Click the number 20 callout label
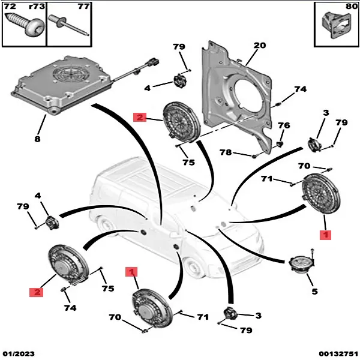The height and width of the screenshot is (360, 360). (x=259, y=46)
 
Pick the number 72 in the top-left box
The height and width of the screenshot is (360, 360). (x=10, y=7)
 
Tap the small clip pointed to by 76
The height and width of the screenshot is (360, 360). (x=280, y=145)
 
